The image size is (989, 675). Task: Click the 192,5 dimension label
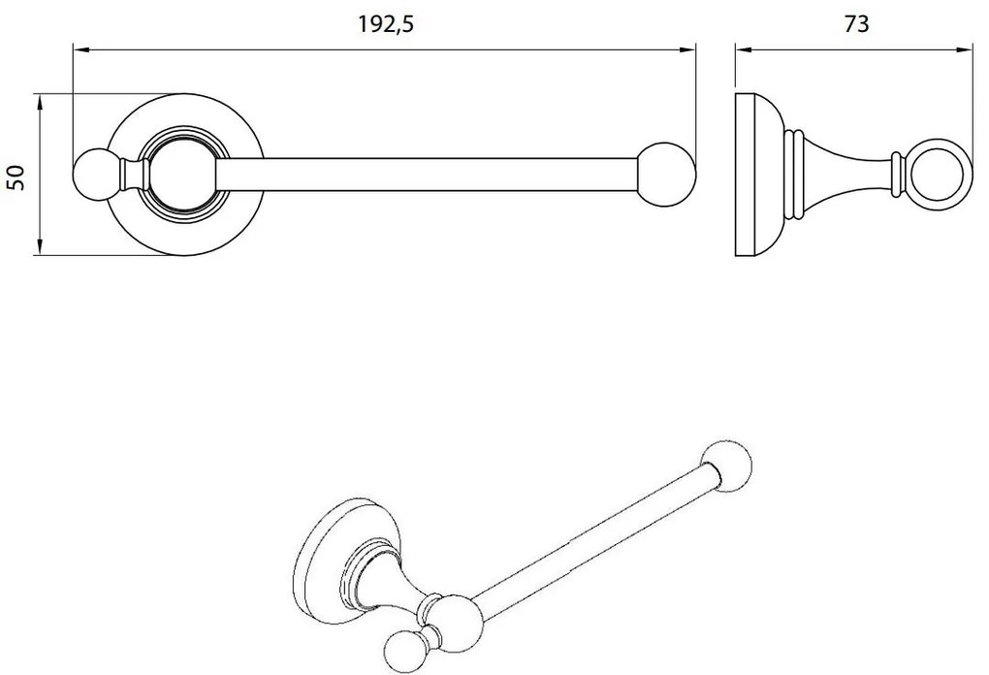386,25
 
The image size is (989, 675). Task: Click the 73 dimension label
856,25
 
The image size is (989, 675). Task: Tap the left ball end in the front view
94,176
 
